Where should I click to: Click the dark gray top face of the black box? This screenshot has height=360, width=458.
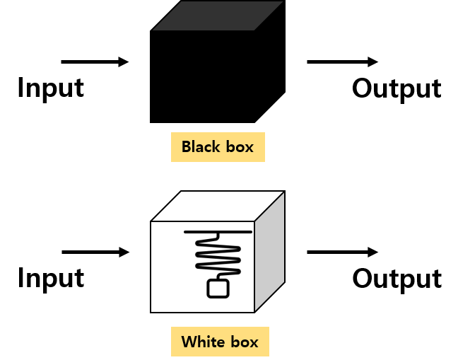(x=218, y=16)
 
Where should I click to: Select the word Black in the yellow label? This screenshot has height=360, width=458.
(x=201, y=147)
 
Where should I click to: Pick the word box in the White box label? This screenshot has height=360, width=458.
(x=243, y=342)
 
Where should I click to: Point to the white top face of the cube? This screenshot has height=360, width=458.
(x=218, y=206)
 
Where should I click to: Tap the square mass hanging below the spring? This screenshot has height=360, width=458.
(x=218, y=289)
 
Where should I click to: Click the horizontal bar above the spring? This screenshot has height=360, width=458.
(x=218, y=231)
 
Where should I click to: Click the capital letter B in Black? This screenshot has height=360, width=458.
(x=187, y=147)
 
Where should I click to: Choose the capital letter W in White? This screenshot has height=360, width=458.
(x=189, y=342)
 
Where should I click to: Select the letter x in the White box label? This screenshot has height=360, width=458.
(x=254, y=343)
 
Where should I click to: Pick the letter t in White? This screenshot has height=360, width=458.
(x=213, y=343)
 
